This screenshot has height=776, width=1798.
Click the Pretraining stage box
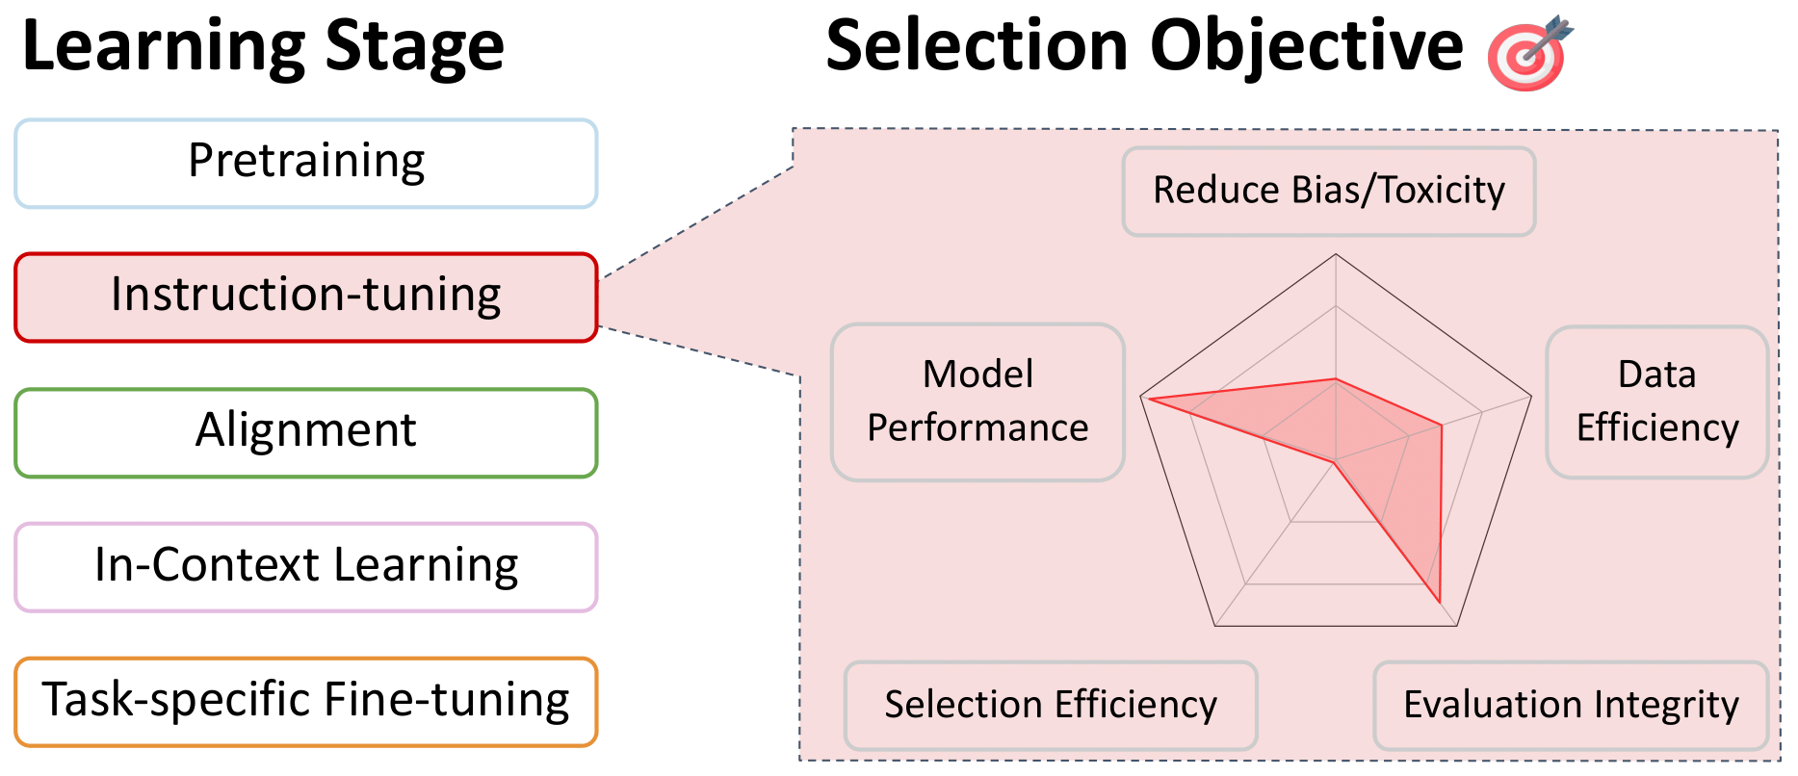coord(306,163)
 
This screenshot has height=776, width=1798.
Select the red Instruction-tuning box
coord(306,297)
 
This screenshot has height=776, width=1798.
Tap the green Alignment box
coord(306,432)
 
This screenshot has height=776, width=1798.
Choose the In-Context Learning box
coord(306,567)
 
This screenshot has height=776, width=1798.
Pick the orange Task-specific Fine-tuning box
coord(306,702)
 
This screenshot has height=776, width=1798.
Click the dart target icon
coord(1528,53)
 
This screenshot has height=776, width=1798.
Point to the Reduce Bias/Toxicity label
coord(1329,191)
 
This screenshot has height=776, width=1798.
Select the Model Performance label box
coord(977,401)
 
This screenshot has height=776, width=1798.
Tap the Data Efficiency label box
coord(1656,401)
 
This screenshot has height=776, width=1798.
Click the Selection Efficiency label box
coord(1051,705)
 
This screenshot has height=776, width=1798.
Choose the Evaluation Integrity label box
coord(1571,705)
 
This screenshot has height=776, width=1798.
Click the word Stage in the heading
coord(414,48)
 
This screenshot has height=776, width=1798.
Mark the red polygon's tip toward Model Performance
coord(1150,398)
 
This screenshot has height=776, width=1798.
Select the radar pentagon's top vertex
coord(1336,254)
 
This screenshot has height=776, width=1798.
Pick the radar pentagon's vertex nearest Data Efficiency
coord(1531,396)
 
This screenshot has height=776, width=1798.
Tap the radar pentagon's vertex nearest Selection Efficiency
coord(1215,626)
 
